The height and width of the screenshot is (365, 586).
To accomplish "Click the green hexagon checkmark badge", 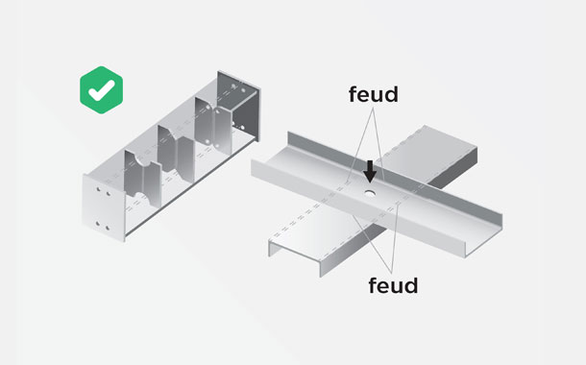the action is point(101,90).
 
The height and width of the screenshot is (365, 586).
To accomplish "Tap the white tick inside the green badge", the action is point(101,90).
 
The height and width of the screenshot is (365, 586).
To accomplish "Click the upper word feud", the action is point(374,94).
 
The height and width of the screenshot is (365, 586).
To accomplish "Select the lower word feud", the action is point(393,285).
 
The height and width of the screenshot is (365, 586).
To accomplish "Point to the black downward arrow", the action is point(370,172).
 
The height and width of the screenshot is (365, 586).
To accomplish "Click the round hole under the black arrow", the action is point(370,193).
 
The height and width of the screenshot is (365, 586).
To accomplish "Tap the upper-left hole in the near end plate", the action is point(99,189).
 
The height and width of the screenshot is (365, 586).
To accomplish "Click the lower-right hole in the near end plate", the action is point(108,228).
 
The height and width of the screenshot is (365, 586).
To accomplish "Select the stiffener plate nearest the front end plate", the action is point(142,179).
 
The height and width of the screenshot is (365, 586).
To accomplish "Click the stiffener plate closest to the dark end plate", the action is point(213,126).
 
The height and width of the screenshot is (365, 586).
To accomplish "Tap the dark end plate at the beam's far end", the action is point(239,106).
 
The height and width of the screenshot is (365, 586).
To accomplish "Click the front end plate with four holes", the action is point(104,207).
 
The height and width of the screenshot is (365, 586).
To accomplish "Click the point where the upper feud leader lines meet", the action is point(373,108).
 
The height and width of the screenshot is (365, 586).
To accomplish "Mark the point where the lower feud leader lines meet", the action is point(391,273).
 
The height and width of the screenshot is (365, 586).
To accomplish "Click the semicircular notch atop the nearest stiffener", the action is point(142,160).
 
